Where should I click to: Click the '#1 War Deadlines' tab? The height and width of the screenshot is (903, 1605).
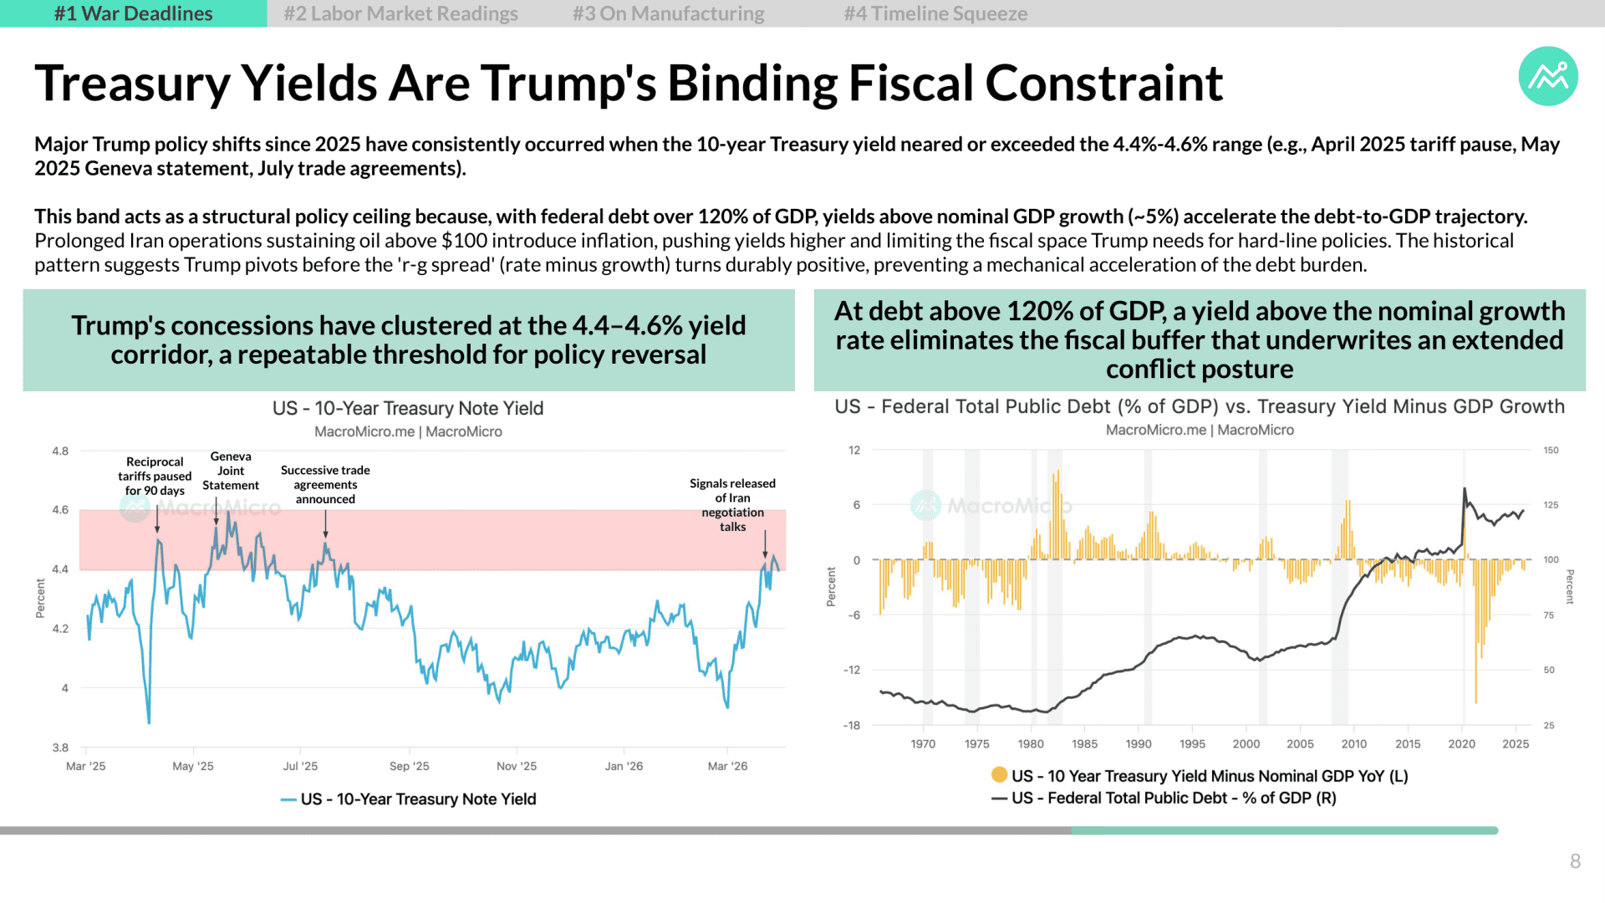(134, 13)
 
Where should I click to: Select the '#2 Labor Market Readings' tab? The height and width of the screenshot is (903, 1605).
(400, 13)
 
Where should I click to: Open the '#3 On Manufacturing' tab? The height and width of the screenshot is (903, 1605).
(668, 13)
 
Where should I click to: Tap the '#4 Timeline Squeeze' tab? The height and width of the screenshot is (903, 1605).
(935, 13)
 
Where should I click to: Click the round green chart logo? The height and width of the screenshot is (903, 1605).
(1548, 76)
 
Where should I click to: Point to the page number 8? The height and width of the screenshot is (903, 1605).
(1575, 861)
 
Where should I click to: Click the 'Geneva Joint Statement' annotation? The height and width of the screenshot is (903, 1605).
(231, 471)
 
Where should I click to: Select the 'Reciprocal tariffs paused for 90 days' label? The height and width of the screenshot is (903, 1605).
(155, 476)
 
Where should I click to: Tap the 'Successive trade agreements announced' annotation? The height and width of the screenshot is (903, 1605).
(325, 485)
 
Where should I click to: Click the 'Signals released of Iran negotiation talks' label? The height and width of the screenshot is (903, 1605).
(732, 505)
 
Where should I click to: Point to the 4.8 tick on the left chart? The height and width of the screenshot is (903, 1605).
(60, 451)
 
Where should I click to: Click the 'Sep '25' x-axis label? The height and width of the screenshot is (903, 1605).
(409, 766)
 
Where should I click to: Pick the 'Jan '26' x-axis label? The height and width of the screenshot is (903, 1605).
(624, 766)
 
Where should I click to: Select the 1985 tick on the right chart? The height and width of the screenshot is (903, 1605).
(1084, 743)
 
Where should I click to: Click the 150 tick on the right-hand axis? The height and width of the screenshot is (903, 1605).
(1551, 450)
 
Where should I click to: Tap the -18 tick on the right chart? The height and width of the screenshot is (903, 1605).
(851, 725)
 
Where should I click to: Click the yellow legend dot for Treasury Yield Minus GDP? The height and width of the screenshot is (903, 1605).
(999, 775)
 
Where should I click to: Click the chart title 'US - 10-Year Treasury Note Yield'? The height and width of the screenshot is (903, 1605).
(408, 408)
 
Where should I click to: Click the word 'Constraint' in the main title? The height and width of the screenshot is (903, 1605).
(1104, 84)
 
